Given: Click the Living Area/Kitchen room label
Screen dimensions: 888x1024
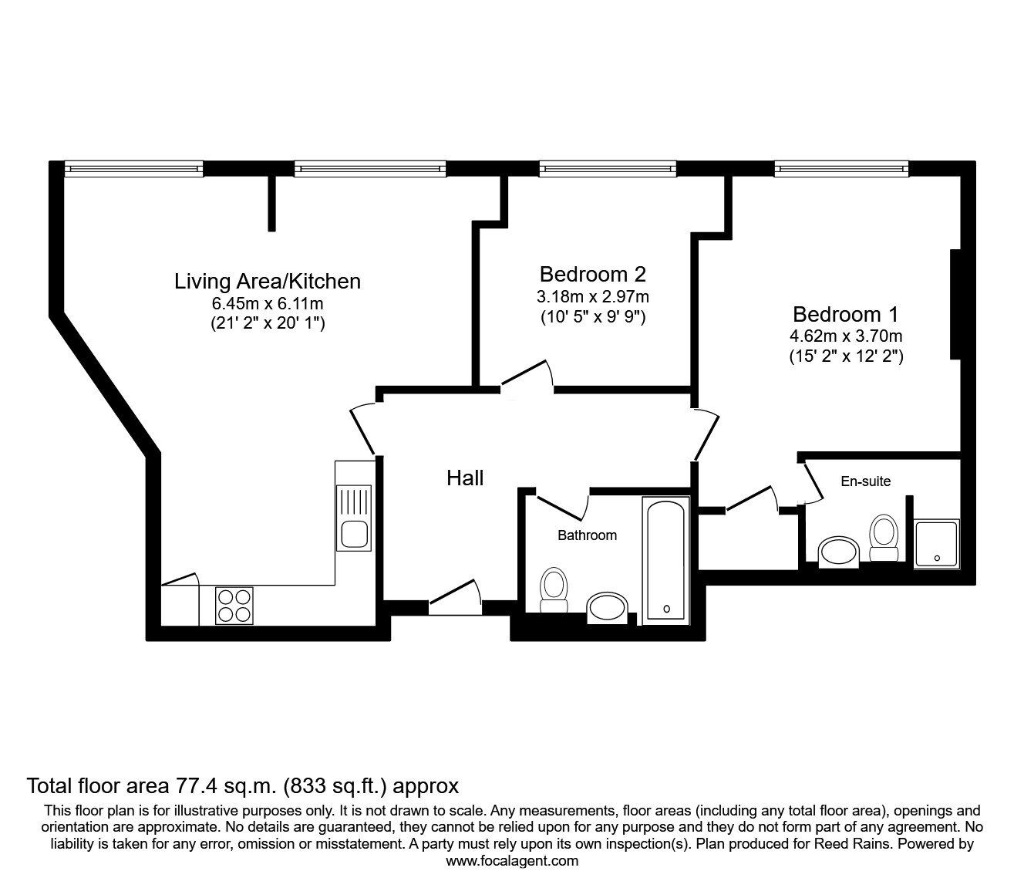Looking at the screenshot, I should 267,281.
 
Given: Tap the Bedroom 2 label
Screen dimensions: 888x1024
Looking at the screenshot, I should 592,274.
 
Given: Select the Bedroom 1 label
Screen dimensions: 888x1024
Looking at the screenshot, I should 846,315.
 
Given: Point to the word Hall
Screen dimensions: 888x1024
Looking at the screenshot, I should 465,478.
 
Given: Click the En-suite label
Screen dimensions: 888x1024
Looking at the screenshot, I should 865,481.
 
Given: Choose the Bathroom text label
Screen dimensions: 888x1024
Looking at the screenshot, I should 587,535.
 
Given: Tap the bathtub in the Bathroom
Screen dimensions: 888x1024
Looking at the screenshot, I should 665,559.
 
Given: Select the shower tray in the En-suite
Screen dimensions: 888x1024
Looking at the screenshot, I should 937,545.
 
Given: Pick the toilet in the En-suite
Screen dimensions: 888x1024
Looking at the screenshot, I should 883,538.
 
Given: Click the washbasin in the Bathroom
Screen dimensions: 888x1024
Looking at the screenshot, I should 609,609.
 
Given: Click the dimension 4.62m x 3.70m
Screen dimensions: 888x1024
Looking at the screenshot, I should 846,336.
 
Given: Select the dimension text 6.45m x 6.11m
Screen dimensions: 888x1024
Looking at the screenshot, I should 268,303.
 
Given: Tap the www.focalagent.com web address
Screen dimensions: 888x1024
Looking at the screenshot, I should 512,861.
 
